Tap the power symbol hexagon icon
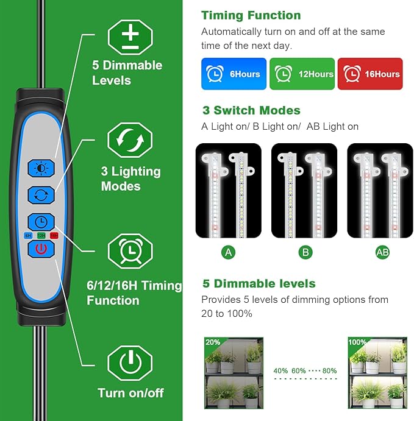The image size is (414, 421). (129, 364)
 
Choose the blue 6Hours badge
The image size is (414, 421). (234, 74)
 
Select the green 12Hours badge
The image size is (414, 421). (302, 74)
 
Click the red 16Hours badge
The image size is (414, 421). (370, 74)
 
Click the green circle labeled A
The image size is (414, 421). (229, 252)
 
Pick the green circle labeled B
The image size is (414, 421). (304, 252)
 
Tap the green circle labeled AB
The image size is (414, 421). (382, 252)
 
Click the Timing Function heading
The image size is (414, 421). (251, 15)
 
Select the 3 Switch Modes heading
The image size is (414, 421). (251, 110)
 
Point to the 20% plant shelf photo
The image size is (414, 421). (234, 372)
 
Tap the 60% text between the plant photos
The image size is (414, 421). (299, 370)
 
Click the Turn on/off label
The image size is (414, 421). (130, 393)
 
